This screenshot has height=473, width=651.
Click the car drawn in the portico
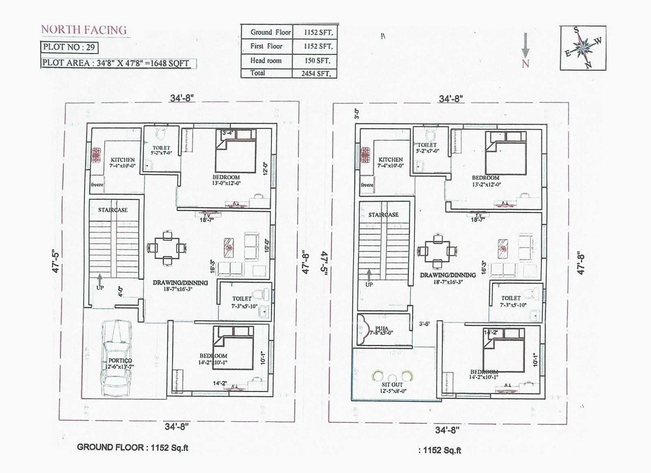tap(117, 358)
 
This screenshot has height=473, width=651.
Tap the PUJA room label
tap(382, 328)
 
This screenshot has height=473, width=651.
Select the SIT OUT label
tap(392, 384)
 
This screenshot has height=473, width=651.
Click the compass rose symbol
tap(583, 48)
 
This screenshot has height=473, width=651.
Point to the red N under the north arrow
tap(526, 63)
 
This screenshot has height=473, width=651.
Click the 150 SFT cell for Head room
tap(317, 61)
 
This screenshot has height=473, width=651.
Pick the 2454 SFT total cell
tap(316, 74)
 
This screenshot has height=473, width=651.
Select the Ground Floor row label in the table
tap(270, 32)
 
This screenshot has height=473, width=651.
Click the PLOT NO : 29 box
tap(69, 47)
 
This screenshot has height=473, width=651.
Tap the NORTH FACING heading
tap(84, 30)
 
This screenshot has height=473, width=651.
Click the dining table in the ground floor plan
tap(167, 248)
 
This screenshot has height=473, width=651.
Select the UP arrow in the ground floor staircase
tap(100, 280)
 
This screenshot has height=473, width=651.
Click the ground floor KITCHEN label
tap(122, 160)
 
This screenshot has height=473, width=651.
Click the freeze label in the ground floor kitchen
tap(97, 185)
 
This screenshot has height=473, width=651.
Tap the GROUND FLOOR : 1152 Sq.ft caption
tap(132, 447)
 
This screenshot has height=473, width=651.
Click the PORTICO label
tap(120, 361)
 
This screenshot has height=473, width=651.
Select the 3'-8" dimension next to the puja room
tap(424, 324)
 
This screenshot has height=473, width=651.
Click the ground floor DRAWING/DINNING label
tap(180, 283)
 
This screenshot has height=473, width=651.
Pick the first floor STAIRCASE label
tap(383, 215)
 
